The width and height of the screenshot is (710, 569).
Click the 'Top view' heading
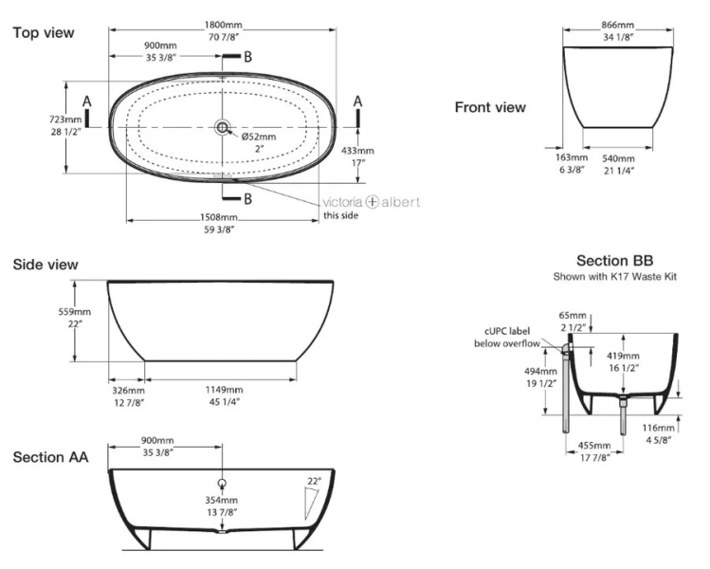tap(44, 32)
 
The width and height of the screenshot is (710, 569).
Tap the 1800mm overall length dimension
tap(223, 25)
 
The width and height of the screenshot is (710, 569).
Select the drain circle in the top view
tap(223, 128)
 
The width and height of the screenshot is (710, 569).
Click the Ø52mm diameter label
tap(259, 137)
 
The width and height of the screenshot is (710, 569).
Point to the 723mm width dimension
tap(65, 119)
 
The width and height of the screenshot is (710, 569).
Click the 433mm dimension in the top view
tap(357, 151)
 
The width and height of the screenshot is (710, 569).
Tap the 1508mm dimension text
tap(219, 217)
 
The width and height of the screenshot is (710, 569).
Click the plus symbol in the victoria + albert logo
tap(372, 202)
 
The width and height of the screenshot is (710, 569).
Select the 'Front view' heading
tap(490, 107)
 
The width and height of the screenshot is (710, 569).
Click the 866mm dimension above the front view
tap(618, 25)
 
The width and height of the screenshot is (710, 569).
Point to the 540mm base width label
tap(618, 158)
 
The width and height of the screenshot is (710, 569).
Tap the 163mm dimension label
tap(572, 157)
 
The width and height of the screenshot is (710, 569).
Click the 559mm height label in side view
tap(74, 312)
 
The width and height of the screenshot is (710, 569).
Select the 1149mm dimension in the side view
tap(224, 390)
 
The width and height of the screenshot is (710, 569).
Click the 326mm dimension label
tap(129, 390)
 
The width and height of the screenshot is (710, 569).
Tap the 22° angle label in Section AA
tap(314, 481)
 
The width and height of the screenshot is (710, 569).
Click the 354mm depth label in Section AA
tap(222, 500)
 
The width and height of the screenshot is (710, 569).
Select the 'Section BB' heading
tap(614, 261)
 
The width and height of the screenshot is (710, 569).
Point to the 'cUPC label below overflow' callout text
tap(507, 337)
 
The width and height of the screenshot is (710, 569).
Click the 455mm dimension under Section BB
tap(594, 446)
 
